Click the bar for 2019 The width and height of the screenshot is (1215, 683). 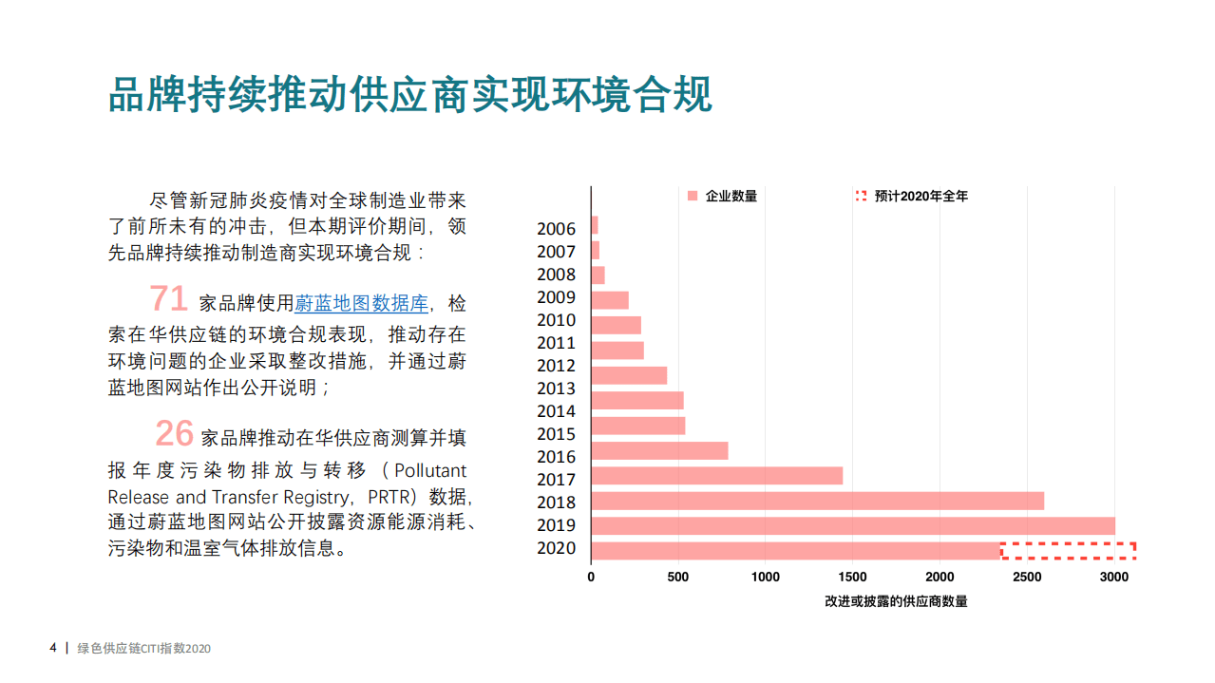(852, 525)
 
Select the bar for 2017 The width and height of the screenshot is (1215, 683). (716, 476)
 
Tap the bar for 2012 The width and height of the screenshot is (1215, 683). (629, 375)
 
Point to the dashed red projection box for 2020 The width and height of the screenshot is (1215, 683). (1068, 550)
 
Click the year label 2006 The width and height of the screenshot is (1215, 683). (556, 229)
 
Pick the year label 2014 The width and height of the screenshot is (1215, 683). (556, 411)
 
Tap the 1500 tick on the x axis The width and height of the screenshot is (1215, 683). (852, 577)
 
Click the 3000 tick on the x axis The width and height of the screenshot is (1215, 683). (1113, 577)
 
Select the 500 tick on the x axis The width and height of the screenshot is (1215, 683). (677, 577)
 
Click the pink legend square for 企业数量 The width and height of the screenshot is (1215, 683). (693, 197)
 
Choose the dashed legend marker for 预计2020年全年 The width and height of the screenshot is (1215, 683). (861, 197)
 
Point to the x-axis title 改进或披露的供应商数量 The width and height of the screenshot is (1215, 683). (896, 601)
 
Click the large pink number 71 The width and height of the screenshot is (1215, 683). (168, 299)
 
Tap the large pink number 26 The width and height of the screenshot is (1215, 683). (174, 433)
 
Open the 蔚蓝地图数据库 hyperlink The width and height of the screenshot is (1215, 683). (361, 304)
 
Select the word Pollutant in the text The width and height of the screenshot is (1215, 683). (430, 471)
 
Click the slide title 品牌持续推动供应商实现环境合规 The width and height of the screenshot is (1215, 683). (409, 95)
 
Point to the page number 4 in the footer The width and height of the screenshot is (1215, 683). (53, 649)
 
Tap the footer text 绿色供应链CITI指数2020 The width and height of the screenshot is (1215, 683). (143, 649)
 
